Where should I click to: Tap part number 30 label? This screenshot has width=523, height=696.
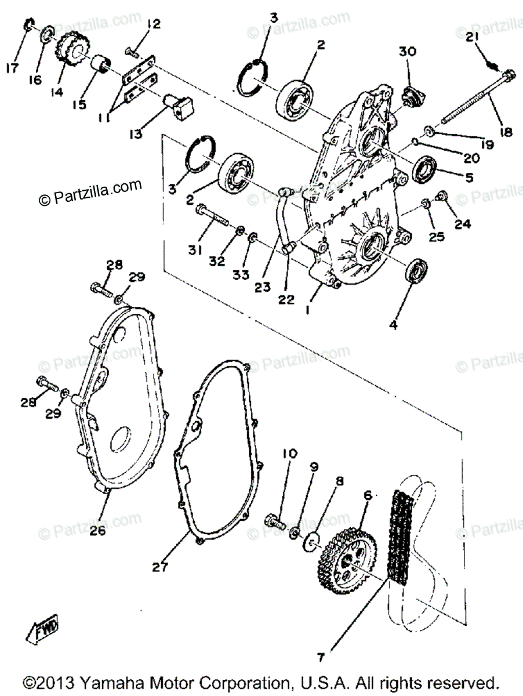pos(407,52)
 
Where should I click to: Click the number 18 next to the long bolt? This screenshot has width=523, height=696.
pos(506,132)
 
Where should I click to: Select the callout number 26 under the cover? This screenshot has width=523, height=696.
pos(97,530)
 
